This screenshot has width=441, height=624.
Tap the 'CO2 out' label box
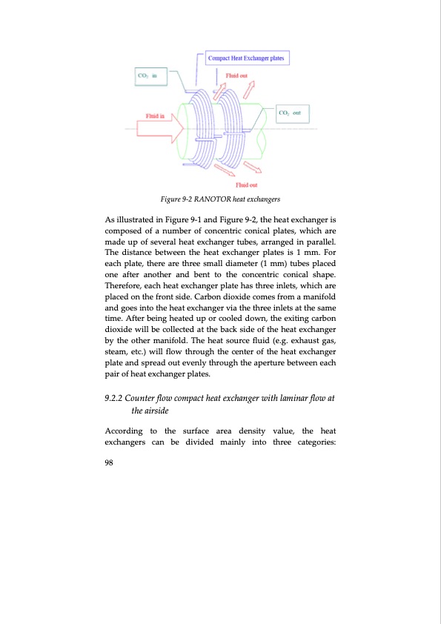pos(292,113)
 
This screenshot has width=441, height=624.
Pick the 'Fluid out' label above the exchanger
pos(236,75)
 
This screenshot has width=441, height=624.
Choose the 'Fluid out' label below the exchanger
pos(246,185)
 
